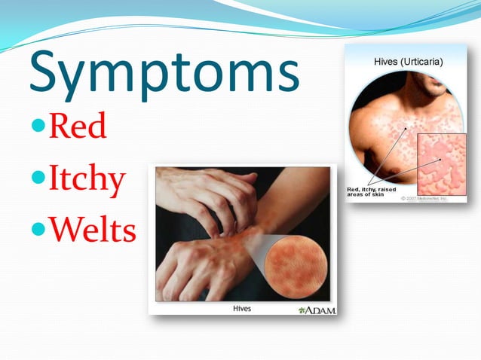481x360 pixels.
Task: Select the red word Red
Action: point(77,127)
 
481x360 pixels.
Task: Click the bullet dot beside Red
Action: point(38,125)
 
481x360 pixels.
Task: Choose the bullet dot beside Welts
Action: point(38,227)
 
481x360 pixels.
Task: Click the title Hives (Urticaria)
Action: point(408,60)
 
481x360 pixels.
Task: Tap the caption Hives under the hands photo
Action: point(241,308)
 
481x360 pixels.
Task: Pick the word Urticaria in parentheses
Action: point(421,60)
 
